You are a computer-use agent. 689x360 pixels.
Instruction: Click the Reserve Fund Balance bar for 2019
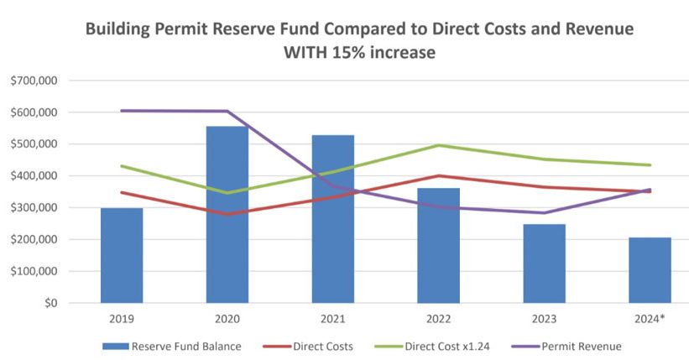[122, 256]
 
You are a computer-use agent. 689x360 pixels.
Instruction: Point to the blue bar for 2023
[544, 263]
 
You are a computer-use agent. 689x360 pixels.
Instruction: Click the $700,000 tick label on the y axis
[34, 81]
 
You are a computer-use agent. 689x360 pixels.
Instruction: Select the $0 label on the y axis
[48, 303]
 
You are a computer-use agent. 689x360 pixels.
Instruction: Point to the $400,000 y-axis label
[34, 176]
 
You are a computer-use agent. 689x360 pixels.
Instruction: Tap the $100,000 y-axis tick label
[34, 272]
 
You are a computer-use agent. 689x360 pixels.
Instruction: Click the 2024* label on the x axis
[650, 318]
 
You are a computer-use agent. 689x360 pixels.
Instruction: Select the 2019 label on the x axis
[122, 318]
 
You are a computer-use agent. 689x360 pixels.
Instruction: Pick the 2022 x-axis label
[438, 318]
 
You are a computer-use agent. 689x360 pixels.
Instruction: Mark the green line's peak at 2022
[438, 145]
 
